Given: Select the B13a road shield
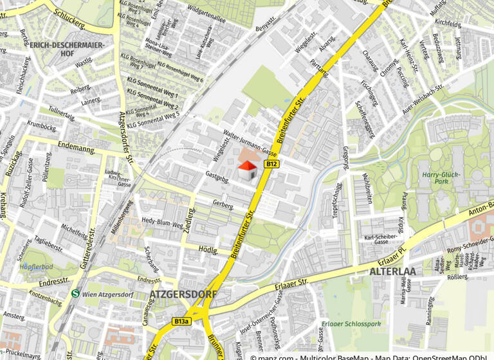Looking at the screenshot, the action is coord(181,320).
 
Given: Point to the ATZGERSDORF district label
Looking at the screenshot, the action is coord(183,294).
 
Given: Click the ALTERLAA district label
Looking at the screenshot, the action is coord(392,271).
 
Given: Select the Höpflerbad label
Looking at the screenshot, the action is coord(36,266).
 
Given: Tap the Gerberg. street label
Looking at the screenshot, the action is coord(223,204).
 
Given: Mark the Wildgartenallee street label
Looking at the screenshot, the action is coord(206,15).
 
